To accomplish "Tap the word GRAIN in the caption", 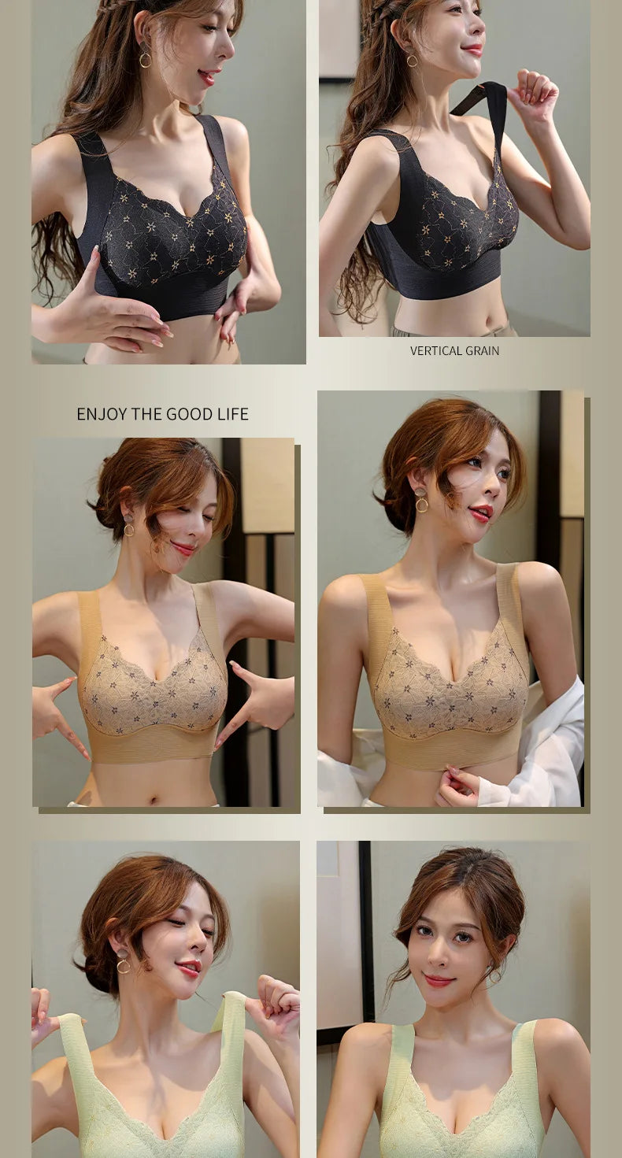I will pyautogui.click(x=482, y=351).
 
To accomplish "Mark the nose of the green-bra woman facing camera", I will pyautogui.click(x=442, y=955).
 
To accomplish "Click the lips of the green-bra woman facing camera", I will pyautogui.click(x=439, y=980).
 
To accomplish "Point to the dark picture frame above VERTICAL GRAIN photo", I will pyautogui.click(x=337, y=39).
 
